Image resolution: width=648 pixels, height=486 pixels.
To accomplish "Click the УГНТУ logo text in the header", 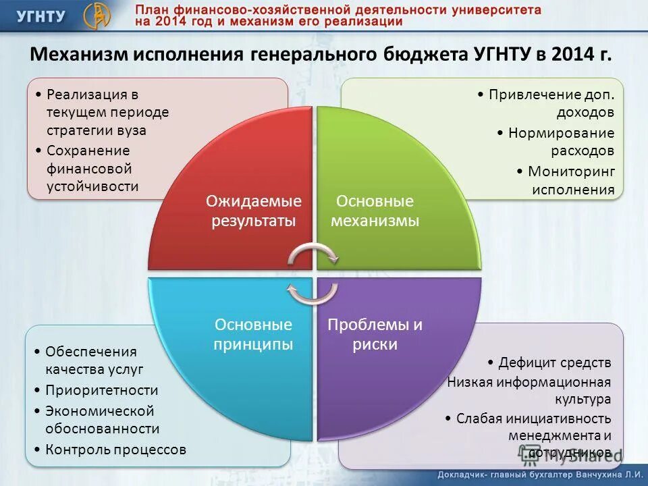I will pyautogui.click(x=40, y=16).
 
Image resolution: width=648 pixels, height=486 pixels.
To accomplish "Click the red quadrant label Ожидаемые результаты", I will pyautogui.click(x=253, y=211).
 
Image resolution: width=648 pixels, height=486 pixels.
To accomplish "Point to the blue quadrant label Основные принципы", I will pyautogui.click(x=253, y=334).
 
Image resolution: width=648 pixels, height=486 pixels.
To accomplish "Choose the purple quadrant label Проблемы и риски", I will pyautogui.click(x=375, y=334).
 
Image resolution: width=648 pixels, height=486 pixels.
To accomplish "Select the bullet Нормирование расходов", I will pyautogui.click(x=561, y=142).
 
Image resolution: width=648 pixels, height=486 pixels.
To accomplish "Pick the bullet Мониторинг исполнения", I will pyautogui.click(x=571, y=180).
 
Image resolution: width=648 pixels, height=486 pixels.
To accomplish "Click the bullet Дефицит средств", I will pyautogui.click(x=554, y=362).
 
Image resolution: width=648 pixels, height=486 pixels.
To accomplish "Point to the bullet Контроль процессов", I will pyautogui.click(x=115, y=449).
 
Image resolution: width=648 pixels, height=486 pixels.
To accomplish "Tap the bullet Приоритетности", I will pyautogui.click(x=101, y=390).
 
